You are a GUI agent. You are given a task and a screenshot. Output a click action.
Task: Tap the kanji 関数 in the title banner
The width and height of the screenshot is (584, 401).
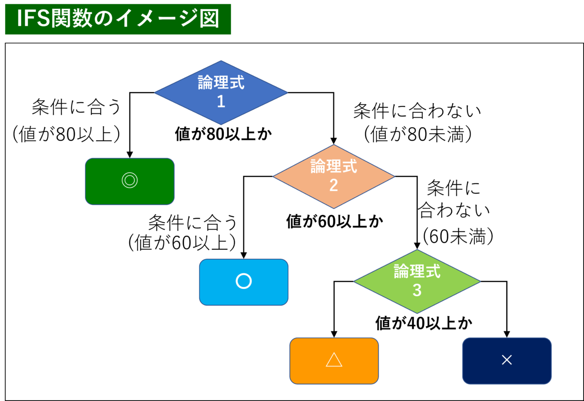pos(72,19)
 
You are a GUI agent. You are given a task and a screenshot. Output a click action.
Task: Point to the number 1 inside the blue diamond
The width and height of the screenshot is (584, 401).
pos(221,102)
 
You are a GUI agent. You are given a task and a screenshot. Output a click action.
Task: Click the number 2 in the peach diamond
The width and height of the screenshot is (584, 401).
pos(333,185)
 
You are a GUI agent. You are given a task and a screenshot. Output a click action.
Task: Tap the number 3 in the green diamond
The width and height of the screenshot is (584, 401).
pos(417,290)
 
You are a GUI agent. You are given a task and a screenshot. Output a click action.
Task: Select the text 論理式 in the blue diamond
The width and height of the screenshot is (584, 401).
pos(221,83)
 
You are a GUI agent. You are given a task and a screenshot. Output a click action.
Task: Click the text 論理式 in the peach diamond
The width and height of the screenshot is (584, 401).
pos(333,167)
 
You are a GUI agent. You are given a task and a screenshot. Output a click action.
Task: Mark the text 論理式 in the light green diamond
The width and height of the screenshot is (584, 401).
pos(417,272)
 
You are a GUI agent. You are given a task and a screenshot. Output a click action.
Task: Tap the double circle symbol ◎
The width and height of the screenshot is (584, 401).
pos(130,181)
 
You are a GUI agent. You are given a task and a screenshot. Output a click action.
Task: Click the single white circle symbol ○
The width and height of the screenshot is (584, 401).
pos(243,281)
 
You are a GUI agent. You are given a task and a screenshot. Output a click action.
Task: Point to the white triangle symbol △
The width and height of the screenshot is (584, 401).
pos(334,360)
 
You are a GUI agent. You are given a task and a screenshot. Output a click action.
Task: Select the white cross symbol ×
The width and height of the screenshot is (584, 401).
pos(507,360)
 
